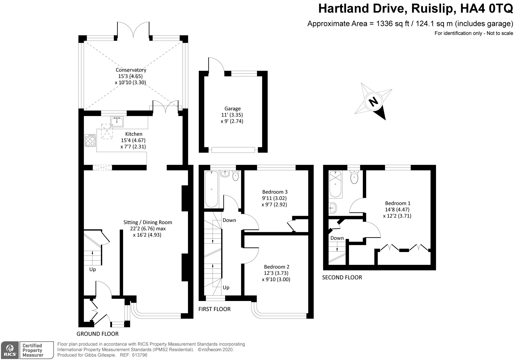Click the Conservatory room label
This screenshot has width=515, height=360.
coord(131,70)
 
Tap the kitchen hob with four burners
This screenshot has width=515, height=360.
coord(90,140)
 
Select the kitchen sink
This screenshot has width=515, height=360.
coord(117,121)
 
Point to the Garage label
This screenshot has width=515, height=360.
coord(233,109)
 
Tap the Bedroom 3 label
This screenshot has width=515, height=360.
coord(275,192)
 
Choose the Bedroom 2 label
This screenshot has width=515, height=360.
coord(277,267)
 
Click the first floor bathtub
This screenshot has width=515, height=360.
coord(211,189)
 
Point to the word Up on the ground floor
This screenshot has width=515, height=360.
coord(92,270)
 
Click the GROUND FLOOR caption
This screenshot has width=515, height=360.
coord(98,334)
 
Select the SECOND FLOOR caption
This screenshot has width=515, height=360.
coord(342,278)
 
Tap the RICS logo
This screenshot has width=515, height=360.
coord(10,350)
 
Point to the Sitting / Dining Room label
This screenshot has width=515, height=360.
coord(148,222)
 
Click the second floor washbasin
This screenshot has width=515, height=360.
coord(332,207)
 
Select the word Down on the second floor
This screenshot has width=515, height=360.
coord(337,238)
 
